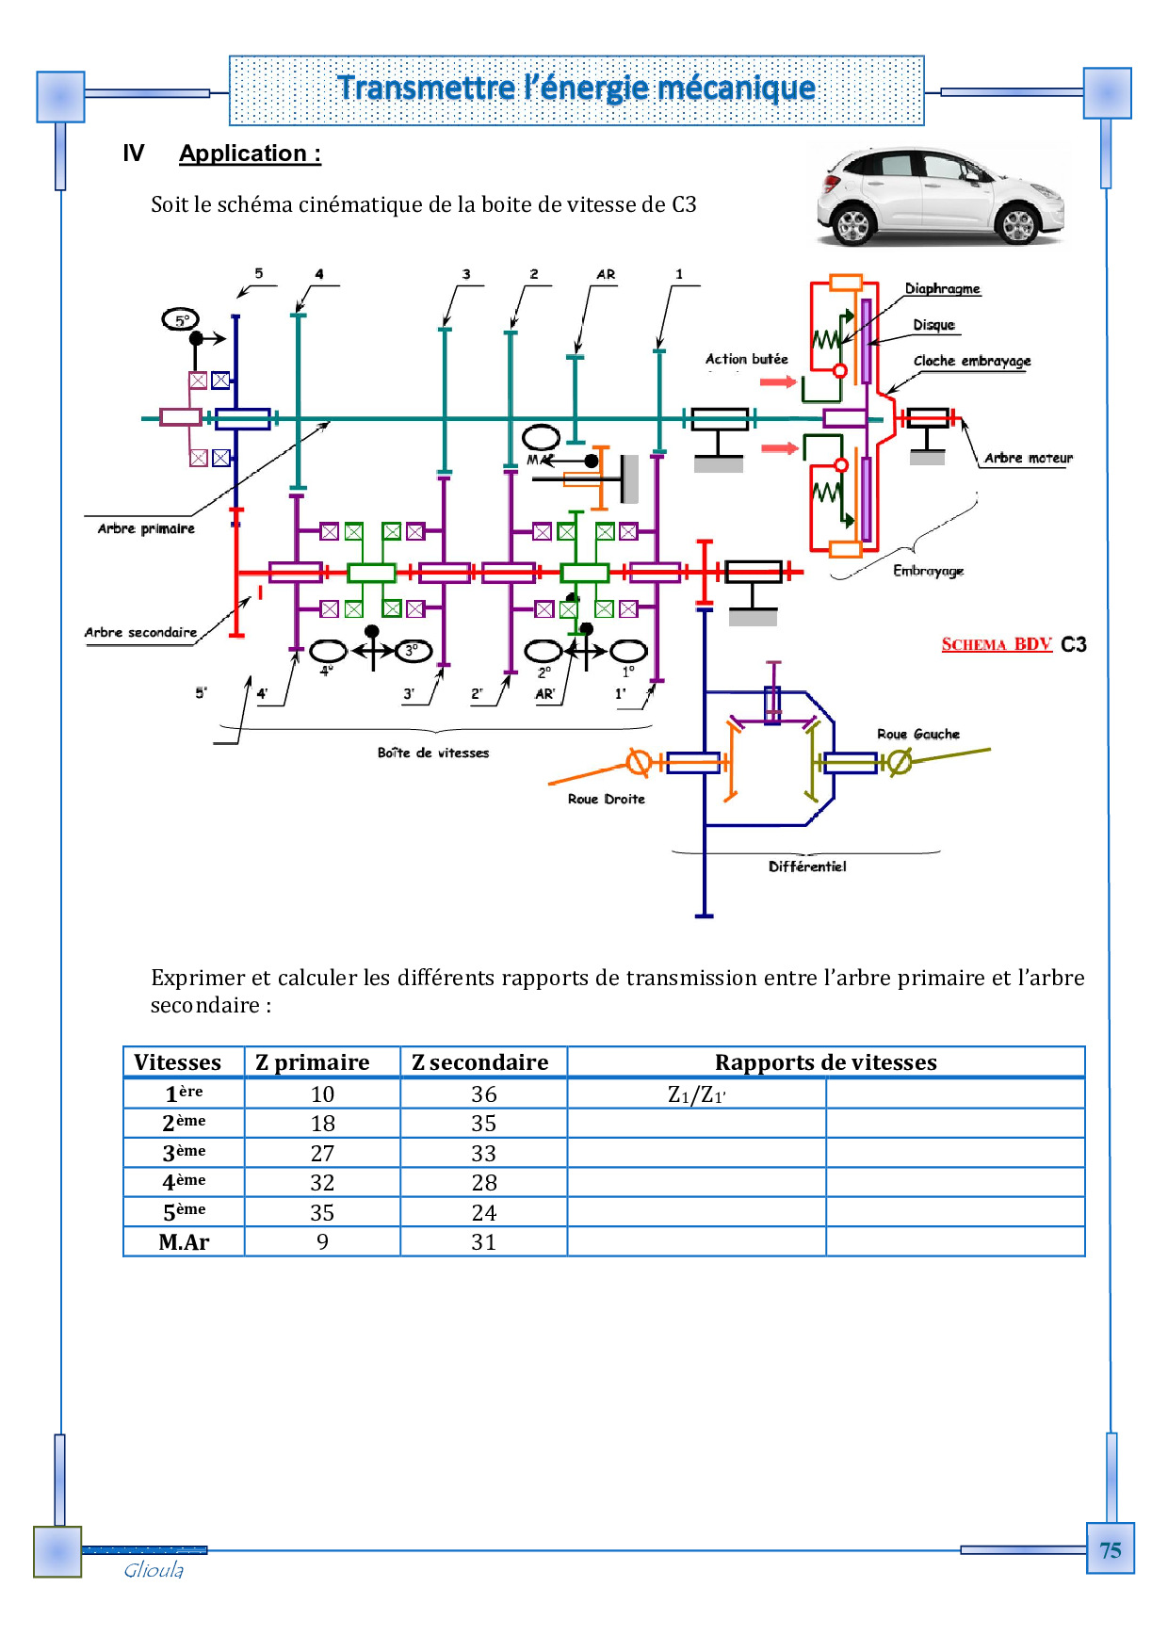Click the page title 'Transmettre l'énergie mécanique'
tap(576, 89)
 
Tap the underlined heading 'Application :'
tap(250, 154)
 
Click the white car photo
tap(939, 197)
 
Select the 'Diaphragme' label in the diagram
tap(942, 288)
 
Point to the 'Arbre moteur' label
tap(1028, 458)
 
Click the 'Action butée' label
tap(746, 359)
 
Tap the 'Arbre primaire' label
tap(146, 528)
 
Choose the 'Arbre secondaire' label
tap(140, 632)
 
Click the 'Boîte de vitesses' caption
tap(433, 753)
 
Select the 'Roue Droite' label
tap(606, 799)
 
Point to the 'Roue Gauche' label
tap(917, 734)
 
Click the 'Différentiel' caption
tap(807, 866)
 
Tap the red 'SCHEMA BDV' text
tap(996, 644)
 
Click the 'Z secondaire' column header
tap(480, 1062)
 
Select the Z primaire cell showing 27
tap(322, 1153)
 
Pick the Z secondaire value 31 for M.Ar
tap(483, 1242)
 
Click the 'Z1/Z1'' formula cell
tap(696, 1094)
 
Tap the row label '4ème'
tap(184, 1182)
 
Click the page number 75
tap(1110, 1550)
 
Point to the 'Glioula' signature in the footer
tap(154, 1570)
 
